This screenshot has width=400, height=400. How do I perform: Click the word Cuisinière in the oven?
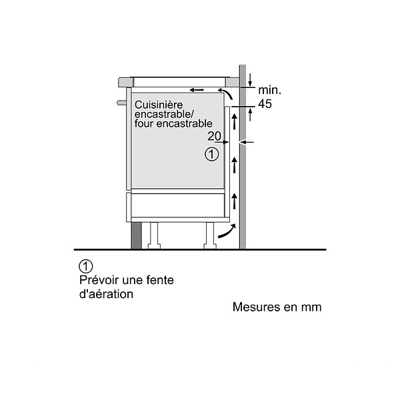tap(159, 105)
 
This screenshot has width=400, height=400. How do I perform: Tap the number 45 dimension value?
tap(265, 104)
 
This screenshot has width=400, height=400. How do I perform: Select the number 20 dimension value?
tap(214, 136)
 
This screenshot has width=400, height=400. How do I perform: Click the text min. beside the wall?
tap(269, 90)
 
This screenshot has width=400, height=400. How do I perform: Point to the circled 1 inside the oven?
tap(212, 154)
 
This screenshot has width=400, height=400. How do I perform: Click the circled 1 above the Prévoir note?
tap(86, 266)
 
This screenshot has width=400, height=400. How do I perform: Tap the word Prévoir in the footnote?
tap(99, 280)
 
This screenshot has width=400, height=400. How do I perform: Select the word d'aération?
tap(107, 294)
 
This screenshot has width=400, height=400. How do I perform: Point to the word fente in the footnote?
tap(160, 280)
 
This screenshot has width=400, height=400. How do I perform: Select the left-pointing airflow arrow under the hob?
tap(197, 90)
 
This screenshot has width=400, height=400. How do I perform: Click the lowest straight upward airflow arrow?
tap(235, 201)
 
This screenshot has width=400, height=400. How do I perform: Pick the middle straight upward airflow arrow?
tap(235, 165)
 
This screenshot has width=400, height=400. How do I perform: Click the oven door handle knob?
tap(121, 103)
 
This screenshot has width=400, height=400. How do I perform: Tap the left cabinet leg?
tap(154, 235)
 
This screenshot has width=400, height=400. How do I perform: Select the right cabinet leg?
tap(210, 235)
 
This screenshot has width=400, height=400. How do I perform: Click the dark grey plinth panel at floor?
tap(136, 235)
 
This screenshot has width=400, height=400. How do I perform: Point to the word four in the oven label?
tap(144, 124)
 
